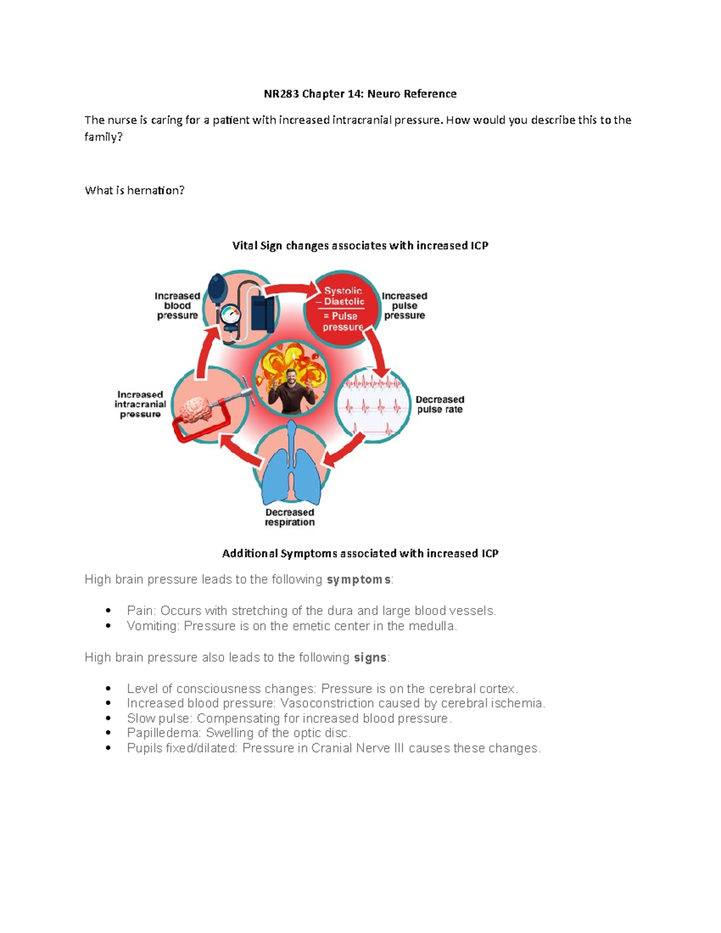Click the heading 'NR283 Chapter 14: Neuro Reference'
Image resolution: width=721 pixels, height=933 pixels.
coord(360,94)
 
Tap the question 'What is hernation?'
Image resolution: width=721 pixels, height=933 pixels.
coord(135,190)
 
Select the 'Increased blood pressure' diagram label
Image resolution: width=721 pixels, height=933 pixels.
coord(177,306)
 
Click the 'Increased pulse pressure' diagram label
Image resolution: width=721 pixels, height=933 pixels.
coord(404,306)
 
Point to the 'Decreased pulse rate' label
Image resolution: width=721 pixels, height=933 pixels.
coord(440,404)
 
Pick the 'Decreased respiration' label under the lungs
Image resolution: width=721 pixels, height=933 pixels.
coord(290,517)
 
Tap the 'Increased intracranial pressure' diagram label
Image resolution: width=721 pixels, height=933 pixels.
coord(140,404)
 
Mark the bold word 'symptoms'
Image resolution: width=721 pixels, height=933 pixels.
coord(359,580)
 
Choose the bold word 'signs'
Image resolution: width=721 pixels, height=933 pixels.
coord(370,658)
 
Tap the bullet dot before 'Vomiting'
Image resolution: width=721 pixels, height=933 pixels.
coord(108,626)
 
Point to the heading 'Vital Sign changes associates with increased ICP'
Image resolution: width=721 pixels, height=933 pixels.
coord(360,246)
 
